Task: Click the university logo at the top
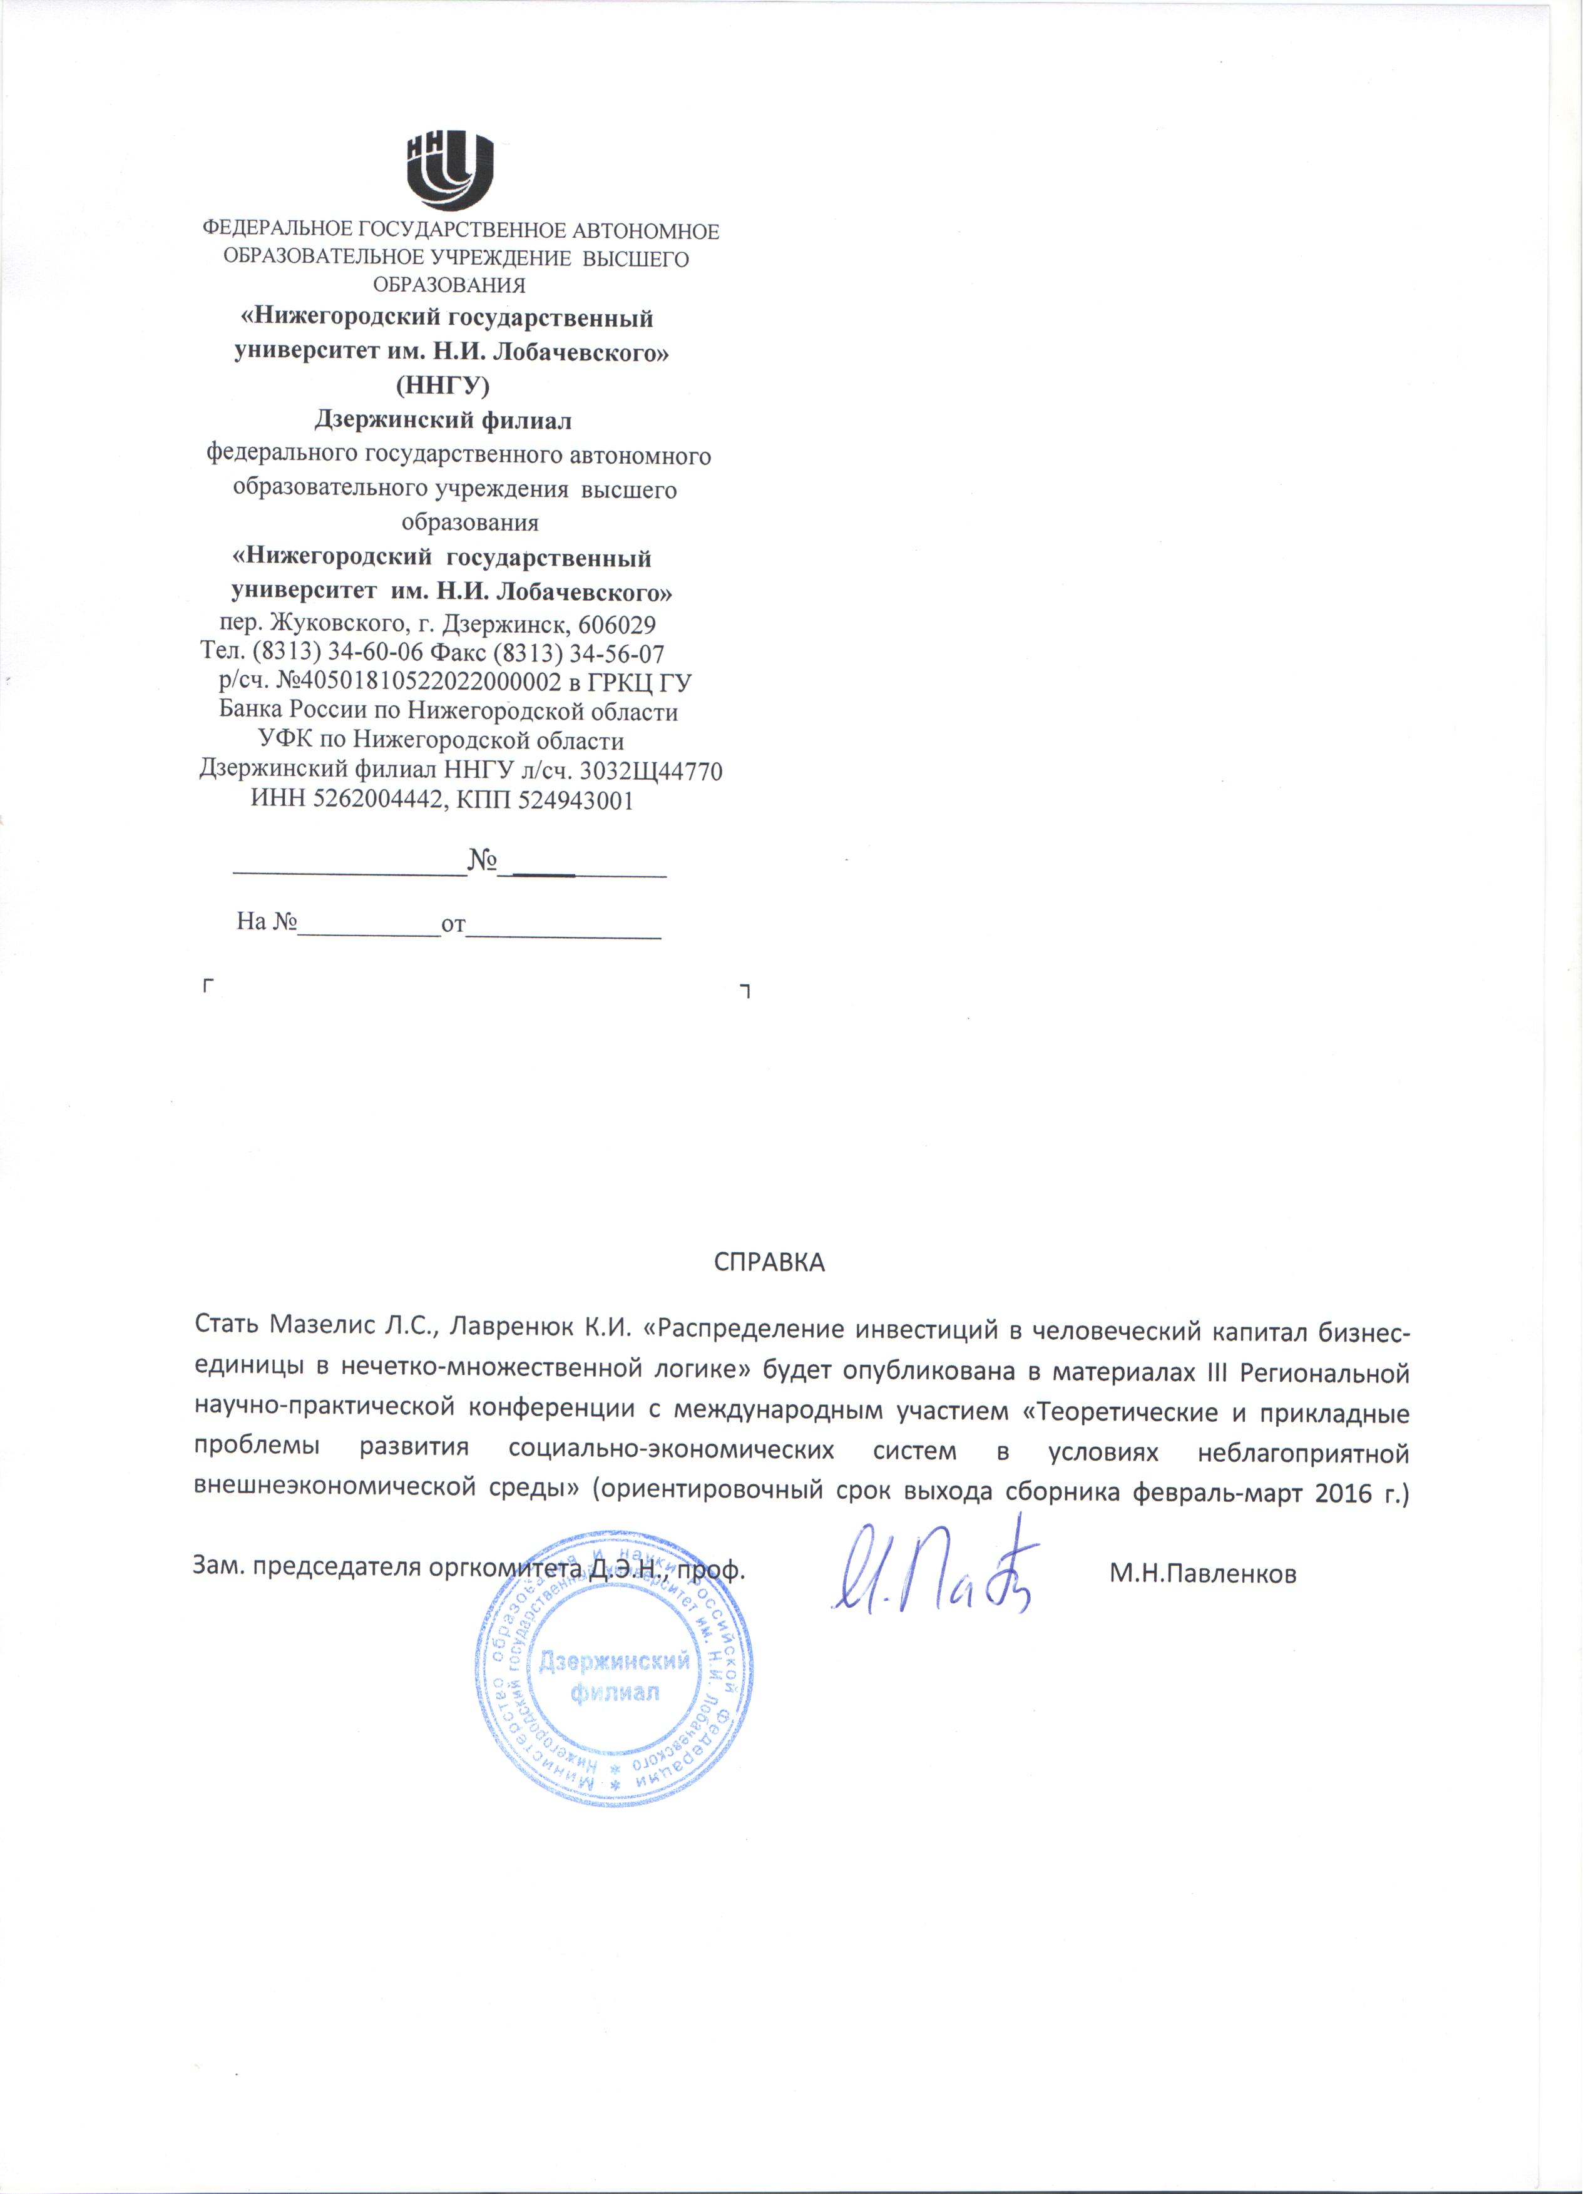coord(450,171)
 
